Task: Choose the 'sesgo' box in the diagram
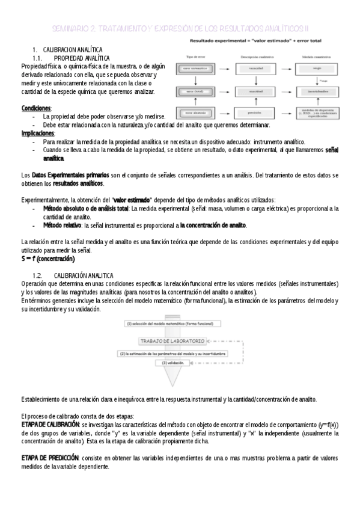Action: click(x=317, y=69)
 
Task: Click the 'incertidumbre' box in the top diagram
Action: click(x=317, y=91)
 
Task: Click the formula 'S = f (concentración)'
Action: click(x=47, y=259)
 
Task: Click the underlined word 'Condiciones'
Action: click(x=35, y=108)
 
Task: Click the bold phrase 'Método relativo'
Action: click(x=63, y=225)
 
